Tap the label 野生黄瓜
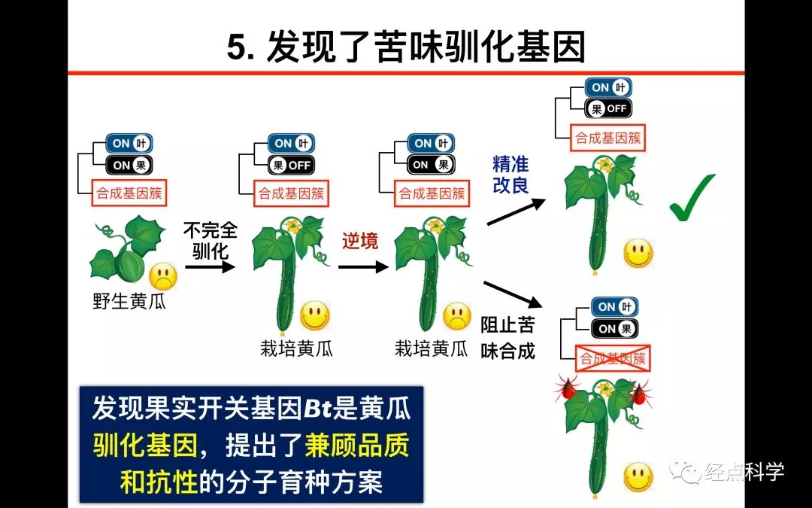(x=129, y=303)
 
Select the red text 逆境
(x=360, y=242)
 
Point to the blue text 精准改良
(x=511, y=174)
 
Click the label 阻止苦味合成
(x=507, y=338)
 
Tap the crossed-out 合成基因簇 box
(x=612, y=359)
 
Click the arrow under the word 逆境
(x=362, y=266)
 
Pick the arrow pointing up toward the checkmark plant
(x=516, y=211)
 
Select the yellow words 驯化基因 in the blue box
(x=144, y=446)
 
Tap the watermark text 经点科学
(x=744, y=473)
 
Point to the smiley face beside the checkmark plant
(x=638, y=254)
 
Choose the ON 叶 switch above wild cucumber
(x=131, y=143)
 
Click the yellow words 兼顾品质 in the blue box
(x=356, y=446)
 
